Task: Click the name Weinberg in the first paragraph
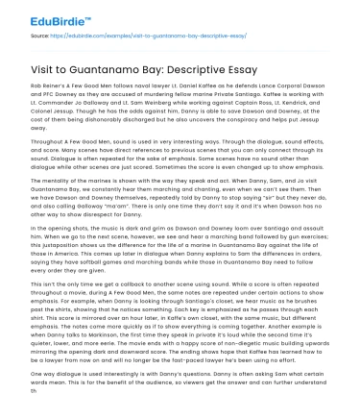(x=198, y=100)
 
